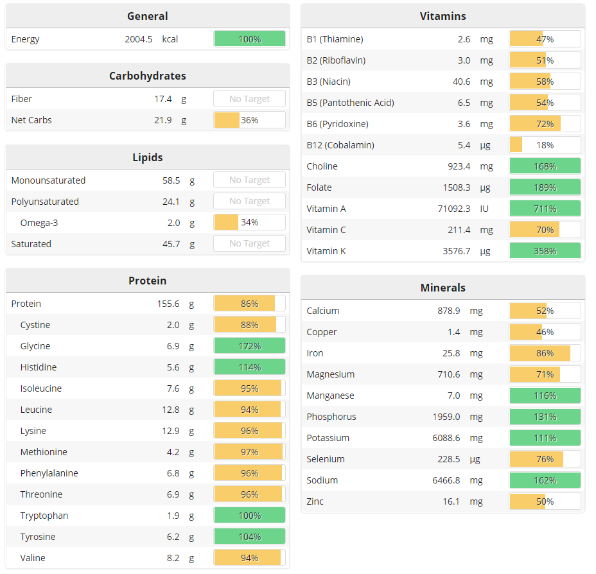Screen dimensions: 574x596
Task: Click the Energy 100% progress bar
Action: point(249,39)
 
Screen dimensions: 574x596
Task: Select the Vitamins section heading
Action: point(443,16)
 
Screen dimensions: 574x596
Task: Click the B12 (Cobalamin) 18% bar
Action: point(545,145)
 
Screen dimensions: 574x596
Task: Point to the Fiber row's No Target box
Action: point(249,99)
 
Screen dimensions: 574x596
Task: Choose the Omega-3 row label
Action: point(39,223)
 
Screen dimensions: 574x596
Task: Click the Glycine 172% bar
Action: point(249,346)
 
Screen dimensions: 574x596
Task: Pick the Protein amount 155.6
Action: point(168,304)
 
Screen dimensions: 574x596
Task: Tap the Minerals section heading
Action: point(443,288)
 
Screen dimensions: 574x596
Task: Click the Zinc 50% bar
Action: point(545,501)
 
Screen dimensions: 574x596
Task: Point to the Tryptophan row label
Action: point(44,516)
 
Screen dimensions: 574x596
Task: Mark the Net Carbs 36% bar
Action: point(249,120)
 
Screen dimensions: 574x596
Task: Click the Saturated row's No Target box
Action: point(249,244)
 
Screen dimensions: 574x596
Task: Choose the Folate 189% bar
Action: point(545,187)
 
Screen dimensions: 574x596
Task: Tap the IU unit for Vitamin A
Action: point(486,209)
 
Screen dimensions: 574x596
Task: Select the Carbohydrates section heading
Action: point(147,76)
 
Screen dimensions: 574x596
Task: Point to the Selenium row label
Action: point(326,459)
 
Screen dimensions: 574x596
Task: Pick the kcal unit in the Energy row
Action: point(170,39)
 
